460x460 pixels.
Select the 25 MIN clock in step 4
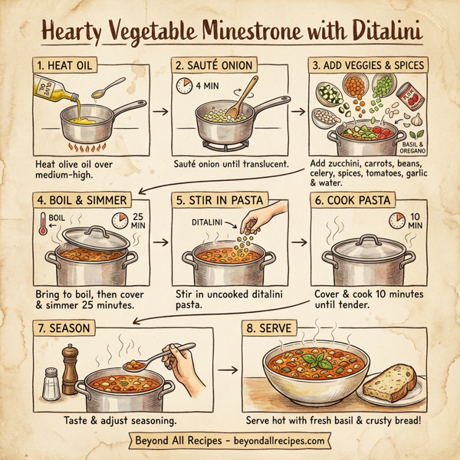coord(120,222)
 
